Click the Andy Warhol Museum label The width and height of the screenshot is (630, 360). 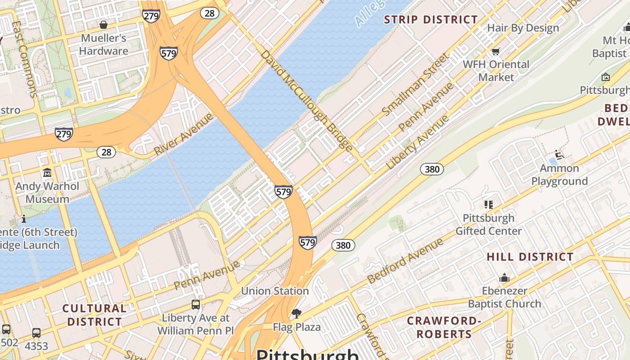coord(47,193)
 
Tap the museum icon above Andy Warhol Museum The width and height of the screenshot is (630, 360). coord(47,173)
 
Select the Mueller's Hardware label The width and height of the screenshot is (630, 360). coord(103,45)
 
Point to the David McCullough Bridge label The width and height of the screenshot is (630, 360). coord(306,100)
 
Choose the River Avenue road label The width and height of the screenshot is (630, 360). coord(183,135)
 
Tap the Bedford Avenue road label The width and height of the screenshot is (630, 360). coord(405,261)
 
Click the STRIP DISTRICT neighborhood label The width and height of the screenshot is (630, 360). coord(431,20)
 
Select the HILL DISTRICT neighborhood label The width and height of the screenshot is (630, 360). coord(530,257)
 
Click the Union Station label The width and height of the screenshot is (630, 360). coord(275,291)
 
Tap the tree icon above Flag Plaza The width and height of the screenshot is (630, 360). coord(296,313)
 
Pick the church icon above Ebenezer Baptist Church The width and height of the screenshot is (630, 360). coord(504,278)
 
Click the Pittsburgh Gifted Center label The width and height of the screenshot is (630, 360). coord(489,225)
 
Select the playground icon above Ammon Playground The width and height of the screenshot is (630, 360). coord(559,155)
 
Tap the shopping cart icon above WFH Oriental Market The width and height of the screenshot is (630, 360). coord(496,52)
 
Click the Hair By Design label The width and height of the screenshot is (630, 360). coord(523,28)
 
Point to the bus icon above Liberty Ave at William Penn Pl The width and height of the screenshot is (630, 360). coord(196,305)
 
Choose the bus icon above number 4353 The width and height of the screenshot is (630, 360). coord(36,333)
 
